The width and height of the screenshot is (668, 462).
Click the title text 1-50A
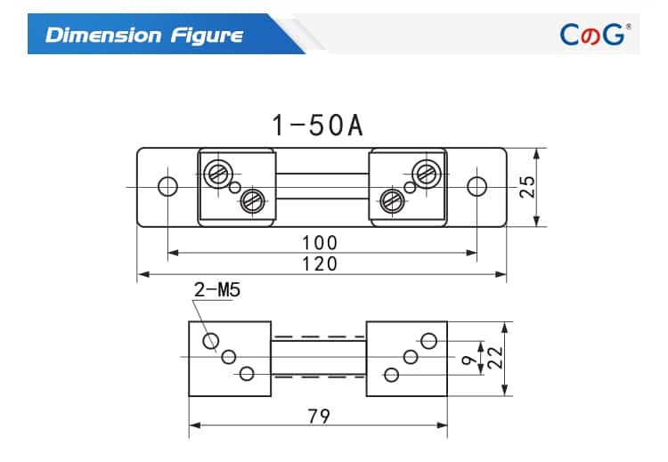pyautogui.click(x=317, y=125)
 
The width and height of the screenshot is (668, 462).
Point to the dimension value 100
pyautogui.click(x=320, y=242)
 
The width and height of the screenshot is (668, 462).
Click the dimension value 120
pyautogui.click(x=320, y=263)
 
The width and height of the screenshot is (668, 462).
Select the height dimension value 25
pyautogui.click(x=528, y=186)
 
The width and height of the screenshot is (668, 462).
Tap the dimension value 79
pyautogui.click(x=320, y=416)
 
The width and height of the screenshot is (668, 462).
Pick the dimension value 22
pyautogui.click(x=496, y=358)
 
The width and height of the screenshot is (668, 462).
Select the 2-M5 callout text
pyautogui.click(x=217, y=290)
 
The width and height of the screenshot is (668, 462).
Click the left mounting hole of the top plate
pyautogui.click(x=167, y=186)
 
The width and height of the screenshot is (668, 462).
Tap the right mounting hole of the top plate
pyautogui.click(x=477, y=186)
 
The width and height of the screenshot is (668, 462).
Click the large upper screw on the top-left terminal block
pyautogui.click(x=216, y=173)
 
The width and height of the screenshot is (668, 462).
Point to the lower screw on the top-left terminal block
pyautogui.click(x=252, y=200)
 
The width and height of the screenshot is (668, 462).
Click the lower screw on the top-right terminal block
pyautogui.click(x=391, y=200)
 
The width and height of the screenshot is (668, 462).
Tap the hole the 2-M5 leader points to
pyautogui.click(x=212, y=341)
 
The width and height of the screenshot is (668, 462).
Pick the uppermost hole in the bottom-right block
pyautogui.click(x=428, y=341)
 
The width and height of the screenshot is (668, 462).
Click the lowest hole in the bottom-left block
pyautogui.click(x=248, y=374)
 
